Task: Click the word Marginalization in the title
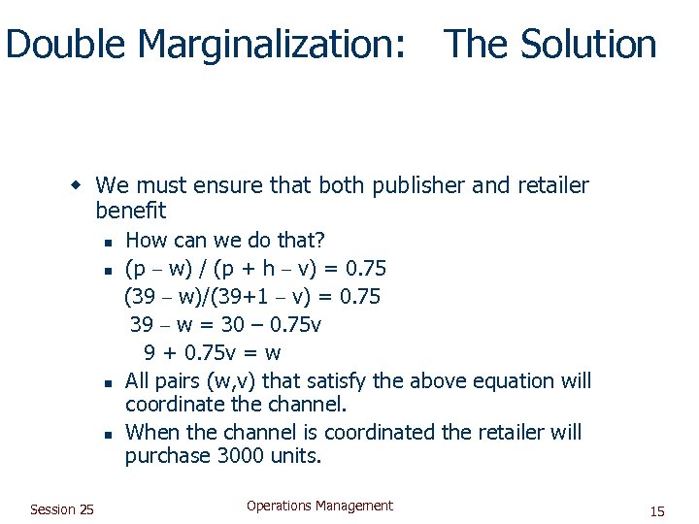point(272,45)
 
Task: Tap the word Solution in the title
point(589,45)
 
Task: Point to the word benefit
point(131,210)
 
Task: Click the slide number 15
point(657,511)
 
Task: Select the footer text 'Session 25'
point(62,509)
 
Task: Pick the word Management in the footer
point(356,506)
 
